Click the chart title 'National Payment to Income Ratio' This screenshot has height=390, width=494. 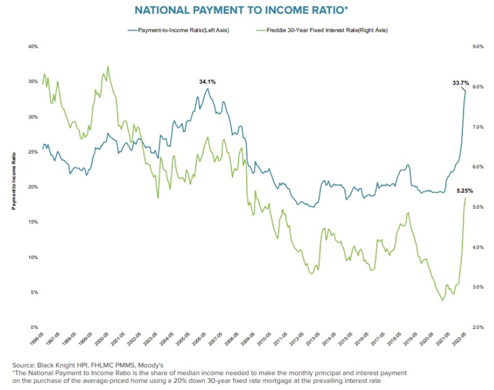pyautogui.click(x=247, y=10)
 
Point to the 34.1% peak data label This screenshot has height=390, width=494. pyautogui.click(x=207, y=81)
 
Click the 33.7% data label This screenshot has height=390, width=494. pyautogui.click(x=461, y=83)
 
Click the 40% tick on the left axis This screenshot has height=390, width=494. pyautogui.click(x=33, y=47)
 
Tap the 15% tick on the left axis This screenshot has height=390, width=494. pyautogui.click(x=33, y=222)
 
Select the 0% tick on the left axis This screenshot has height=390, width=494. pyautogui.click(x=34, y=327)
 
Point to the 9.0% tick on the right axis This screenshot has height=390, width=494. pyautogui.click(x=478, y=47)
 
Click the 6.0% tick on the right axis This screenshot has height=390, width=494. pyautogui.click(x=478, y=167)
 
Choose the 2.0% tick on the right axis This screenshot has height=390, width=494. pyautogui.click(x=478, y=327)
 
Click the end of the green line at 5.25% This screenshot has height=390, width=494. pyautogui.click(x=466, y=197)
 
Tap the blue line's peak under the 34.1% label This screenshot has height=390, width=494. pyautogui.click(x=207, y=88)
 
